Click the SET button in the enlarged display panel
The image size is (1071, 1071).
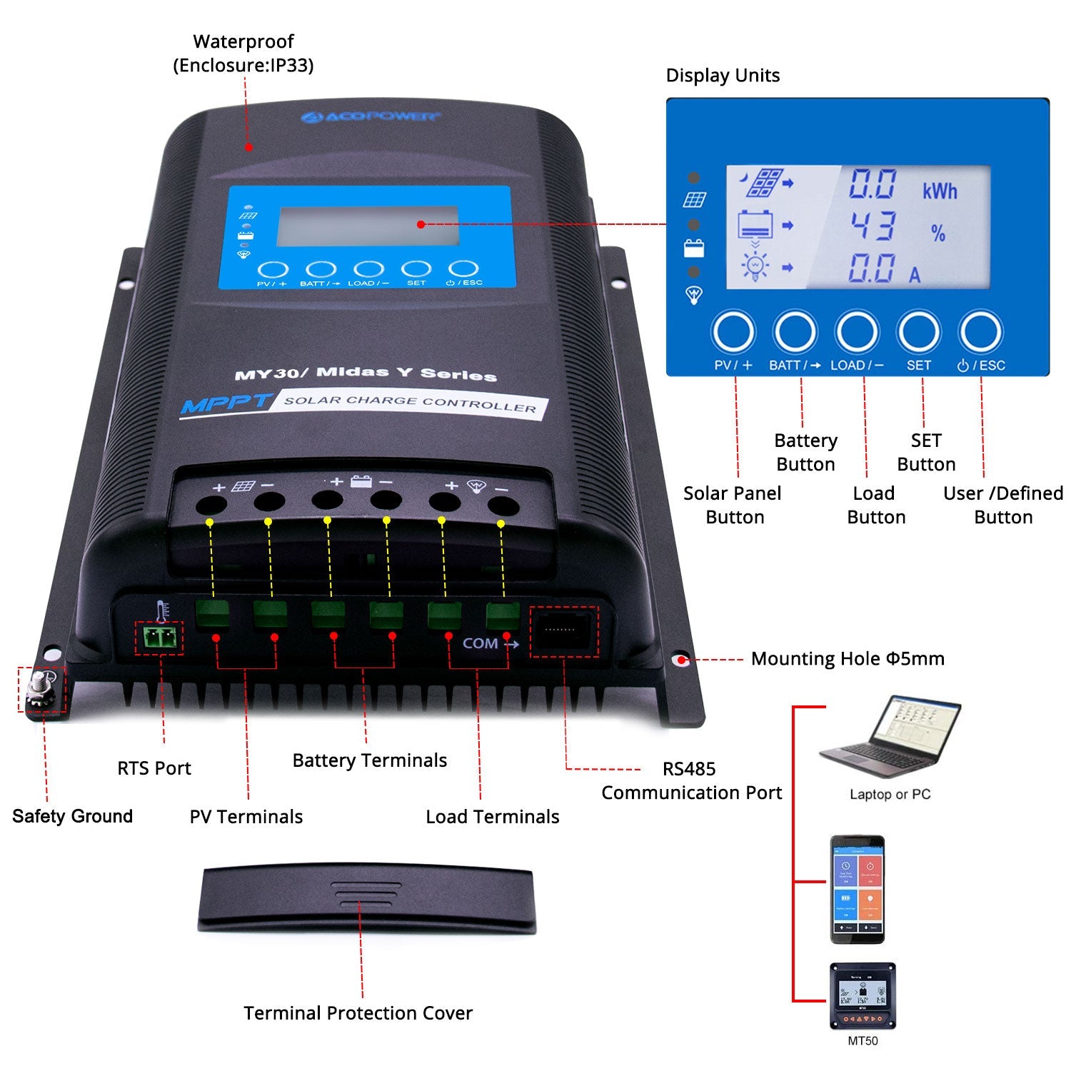(918, 332)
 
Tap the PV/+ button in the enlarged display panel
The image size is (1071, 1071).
(733, 332)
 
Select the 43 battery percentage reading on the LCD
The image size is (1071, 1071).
(873, 226)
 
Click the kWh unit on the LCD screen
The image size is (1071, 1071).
(939, 191)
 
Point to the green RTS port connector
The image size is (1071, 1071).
(159, 638)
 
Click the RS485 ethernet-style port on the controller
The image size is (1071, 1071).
(563, 631)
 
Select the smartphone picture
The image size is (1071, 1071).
(857, 888)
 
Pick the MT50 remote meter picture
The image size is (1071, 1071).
(862, 995)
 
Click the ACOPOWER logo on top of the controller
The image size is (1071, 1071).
(370, 116)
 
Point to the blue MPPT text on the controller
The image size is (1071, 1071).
(224, 404)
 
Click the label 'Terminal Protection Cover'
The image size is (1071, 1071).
(358, 1012)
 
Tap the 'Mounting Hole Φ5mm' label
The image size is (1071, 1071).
(847, 658)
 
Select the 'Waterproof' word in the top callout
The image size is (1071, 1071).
(243, 41)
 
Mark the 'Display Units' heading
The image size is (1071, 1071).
(723, 76)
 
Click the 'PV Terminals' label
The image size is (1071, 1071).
(246, 816)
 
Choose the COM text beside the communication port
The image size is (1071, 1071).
(480, 643)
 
